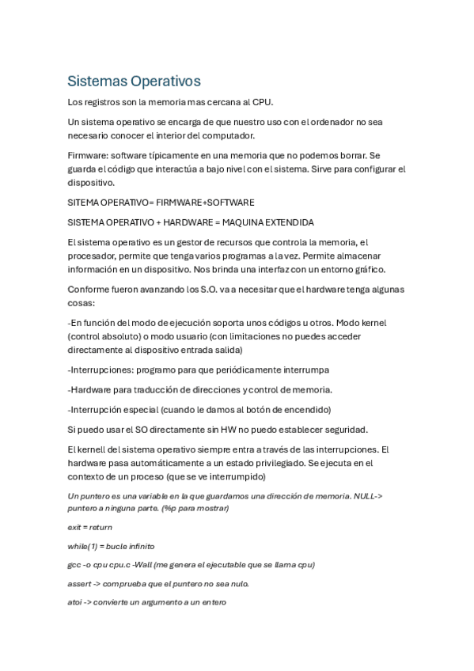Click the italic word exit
click(x=74, y=527)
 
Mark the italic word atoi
click(x=75, y=602)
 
